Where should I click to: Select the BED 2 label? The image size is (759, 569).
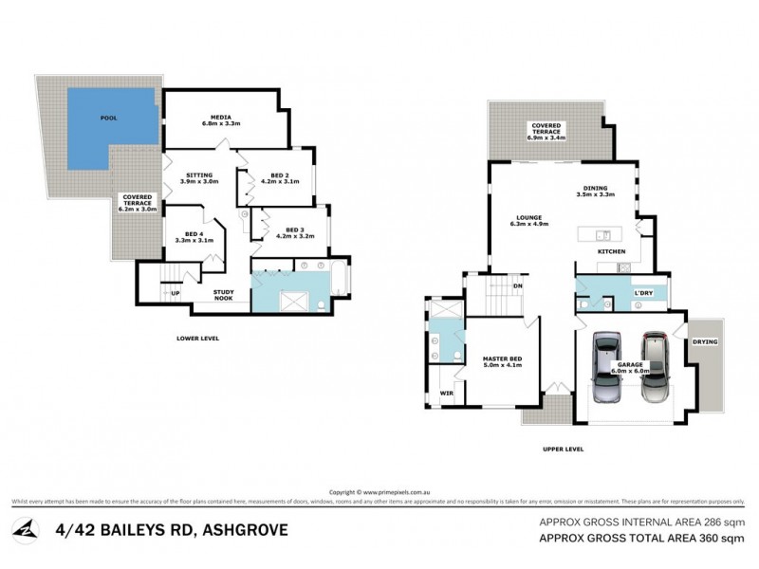click(279, 175)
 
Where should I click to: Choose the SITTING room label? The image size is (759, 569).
click(199, 175)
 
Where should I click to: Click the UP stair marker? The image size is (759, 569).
click(176, 293)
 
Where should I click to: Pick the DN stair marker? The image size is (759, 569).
click(518, 285)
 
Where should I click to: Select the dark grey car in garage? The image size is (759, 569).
click(654, 369)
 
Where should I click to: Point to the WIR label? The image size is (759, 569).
click(445, 393)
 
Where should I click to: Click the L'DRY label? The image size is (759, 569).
click(644, 294)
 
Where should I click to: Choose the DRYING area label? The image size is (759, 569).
click(705, 340)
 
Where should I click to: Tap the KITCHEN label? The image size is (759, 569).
click(612, 250)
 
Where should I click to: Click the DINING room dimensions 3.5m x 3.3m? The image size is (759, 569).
click(596, 194)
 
